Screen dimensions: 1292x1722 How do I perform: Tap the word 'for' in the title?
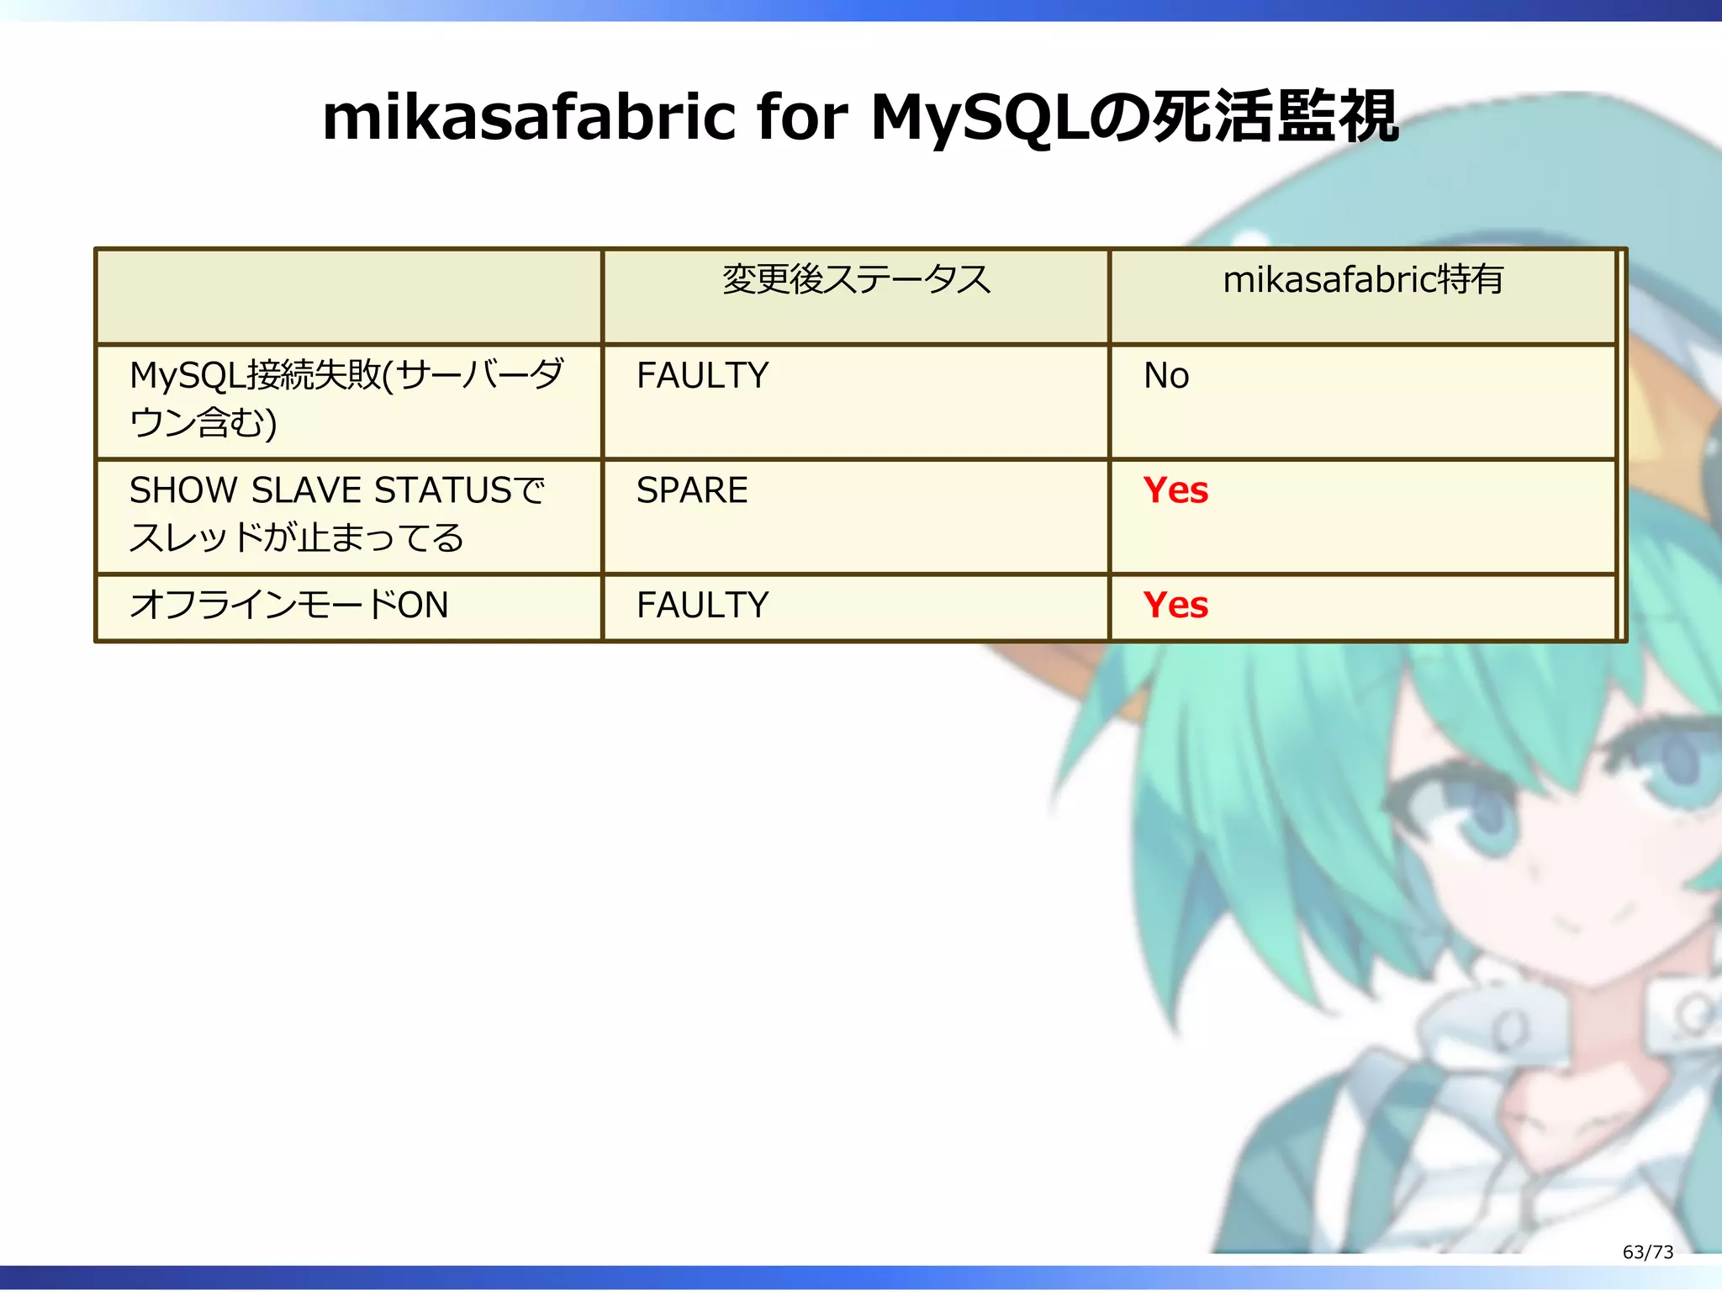click(800, 118)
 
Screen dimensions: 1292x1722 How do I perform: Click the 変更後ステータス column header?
click(856, 280)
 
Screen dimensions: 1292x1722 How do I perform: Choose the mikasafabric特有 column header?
click(1362, 280)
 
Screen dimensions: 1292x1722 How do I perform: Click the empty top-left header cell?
click(349, 296)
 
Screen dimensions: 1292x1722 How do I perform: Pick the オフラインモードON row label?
click(289, 605)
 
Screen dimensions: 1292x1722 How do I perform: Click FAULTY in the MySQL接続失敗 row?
click(702, 375)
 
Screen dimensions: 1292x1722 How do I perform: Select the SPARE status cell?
click(691, 490)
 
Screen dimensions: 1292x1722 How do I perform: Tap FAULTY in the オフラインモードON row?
click(702, 605)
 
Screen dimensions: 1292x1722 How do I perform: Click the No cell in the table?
click(1165, 375)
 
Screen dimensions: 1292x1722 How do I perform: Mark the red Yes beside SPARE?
click(1175, 490)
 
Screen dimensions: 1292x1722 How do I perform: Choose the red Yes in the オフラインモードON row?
click(1175, 605)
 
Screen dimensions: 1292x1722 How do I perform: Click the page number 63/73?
click(1647, 1252)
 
